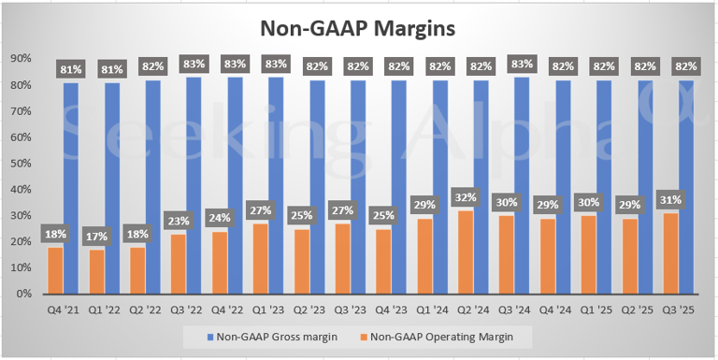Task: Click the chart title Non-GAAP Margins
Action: point(359,28)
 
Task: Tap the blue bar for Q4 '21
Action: point(71,187)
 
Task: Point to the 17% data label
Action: point(95,238)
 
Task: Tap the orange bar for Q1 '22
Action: point(95,271)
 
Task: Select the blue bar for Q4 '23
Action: point(398,187)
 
